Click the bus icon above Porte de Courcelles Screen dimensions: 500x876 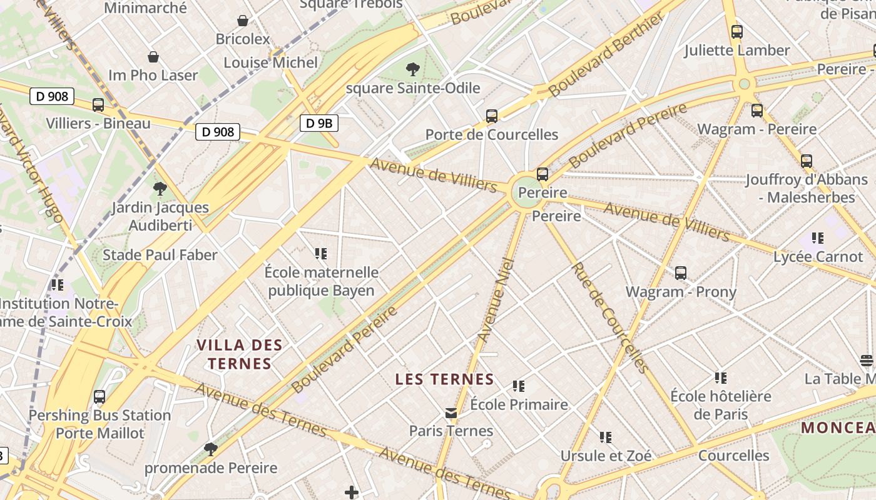pos(491,116)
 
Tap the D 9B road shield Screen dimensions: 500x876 pos(318,123)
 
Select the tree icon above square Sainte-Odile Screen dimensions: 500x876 pos(412,69)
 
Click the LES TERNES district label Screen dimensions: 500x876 pos(445,379)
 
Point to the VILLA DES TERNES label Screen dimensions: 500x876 pos(240,354)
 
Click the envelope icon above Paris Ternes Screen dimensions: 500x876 pos(451,413)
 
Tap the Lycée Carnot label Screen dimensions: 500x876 pos(818,257)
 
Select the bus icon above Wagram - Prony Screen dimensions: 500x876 pos(681,273)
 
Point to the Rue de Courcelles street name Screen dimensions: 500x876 pos(608,317)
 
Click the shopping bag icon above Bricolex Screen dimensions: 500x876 pos(243,21)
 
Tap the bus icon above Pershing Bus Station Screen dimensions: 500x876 pos(99,397)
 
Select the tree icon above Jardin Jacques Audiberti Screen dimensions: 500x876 pos(160,188)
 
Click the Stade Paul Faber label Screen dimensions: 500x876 pos(160,255)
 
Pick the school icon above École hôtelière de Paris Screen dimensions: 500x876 pos(721,377)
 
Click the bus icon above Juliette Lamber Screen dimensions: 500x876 pos(737,32)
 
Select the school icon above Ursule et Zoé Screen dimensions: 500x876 pos(605,437)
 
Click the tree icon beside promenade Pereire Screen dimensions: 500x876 pos(211,449)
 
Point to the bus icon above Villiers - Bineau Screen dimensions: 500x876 pos(98,105)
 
